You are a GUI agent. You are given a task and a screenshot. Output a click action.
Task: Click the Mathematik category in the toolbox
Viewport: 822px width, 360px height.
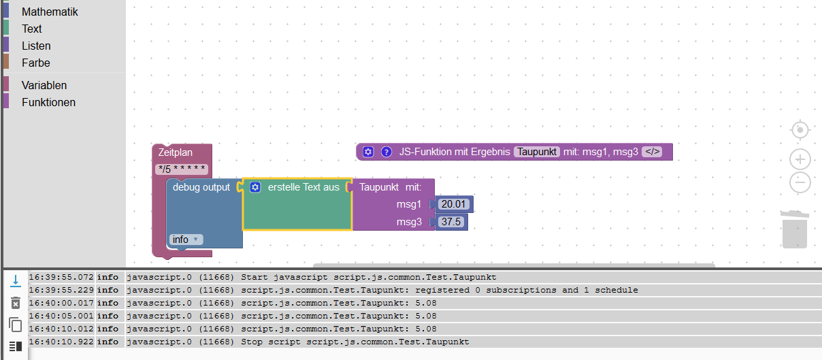50,12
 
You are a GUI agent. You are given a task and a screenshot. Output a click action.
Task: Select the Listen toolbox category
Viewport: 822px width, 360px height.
36,46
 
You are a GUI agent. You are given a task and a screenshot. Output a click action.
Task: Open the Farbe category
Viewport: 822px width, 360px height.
36,63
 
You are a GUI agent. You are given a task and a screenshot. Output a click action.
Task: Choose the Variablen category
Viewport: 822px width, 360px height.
44,85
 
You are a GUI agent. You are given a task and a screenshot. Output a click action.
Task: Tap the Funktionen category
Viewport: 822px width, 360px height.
48,102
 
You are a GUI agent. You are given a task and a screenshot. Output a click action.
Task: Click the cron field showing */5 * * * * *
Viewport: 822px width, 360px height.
182,169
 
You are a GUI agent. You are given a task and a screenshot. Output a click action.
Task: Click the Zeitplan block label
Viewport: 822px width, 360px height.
176,152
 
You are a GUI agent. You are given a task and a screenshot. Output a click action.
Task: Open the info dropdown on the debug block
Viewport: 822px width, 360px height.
186,240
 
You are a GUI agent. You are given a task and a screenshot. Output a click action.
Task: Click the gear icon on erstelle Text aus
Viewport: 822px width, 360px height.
255,187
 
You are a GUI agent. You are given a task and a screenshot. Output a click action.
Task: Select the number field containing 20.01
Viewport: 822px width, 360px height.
454,204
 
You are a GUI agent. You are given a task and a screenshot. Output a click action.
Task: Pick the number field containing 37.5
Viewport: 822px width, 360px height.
452,222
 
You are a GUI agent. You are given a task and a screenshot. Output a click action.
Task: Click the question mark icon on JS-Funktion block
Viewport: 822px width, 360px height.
387,152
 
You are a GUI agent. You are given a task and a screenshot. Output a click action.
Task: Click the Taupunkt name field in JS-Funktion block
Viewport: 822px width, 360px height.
537,152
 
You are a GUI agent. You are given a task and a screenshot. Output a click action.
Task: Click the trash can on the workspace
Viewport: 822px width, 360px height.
794,229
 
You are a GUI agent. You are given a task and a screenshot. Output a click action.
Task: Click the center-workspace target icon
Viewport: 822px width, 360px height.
800,129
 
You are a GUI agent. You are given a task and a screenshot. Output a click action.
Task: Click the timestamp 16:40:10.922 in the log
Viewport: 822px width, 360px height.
61,342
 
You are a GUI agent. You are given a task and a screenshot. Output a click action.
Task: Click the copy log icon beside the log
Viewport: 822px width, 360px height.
15,325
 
